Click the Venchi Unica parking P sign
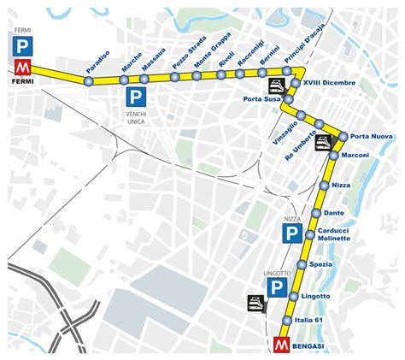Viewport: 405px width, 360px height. (x=136, y=96)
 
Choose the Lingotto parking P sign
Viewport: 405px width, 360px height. (x=275, y=288)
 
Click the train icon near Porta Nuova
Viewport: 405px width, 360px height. (x=323, y=142)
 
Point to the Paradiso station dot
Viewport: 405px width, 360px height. (x=88, y=80)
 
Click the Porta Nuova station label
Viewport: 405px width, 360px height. (x=372, y=137)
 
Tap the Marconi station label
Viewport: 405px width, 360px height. (x=354, y=155)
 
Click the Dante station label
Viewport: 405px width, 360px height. (x=334, y=213)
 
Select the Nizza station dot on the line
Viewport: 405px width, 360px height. (x=324, y=186)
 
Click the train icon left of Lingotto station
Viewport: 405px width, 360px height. (x=255, y=302)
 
